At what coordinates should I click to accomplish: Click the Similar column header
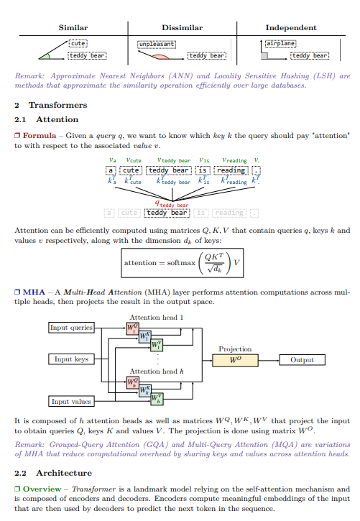click(73, 27)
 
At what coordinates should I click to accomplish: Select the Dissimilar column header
click(182, 27)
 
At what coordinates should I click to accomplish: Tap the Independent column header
click(291, 27)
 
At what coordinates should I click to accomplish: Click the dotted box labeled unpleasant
click(157, 44)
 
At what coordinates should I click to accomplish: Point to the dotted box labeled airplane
click(281, 44)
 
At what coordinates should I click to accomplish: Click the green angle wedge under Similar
click(45, 56)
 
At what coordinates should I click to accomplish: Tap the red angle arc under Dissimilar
click(161, 57)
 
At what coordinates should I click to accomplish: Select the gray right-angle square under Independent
click(264, 55)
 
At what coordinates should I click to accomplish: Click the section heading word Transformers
click(57, 105)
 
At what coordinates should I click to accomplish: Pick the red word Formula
click(40, 136)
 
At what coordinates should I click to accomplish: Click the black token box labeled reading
click(231, 170)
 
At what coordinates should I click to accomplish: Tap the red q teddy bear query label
click(172, 203)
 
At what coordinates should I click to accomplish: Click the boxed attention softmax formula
click(182, 263)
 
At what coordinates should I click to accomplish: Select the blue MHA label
click(34, 292)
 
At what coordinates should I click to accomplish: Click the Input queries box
click(71, 328)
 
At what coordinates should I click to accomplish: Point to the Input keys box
click(71, 359)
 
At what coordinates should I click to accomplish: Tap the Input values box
click(71, 402)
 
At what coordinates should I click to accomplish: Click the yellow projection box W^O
click(235, 360)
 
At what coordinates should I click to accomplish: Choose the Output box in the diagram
click(302, 360)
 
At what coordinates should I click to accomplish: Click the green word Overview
click(42, 489)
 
